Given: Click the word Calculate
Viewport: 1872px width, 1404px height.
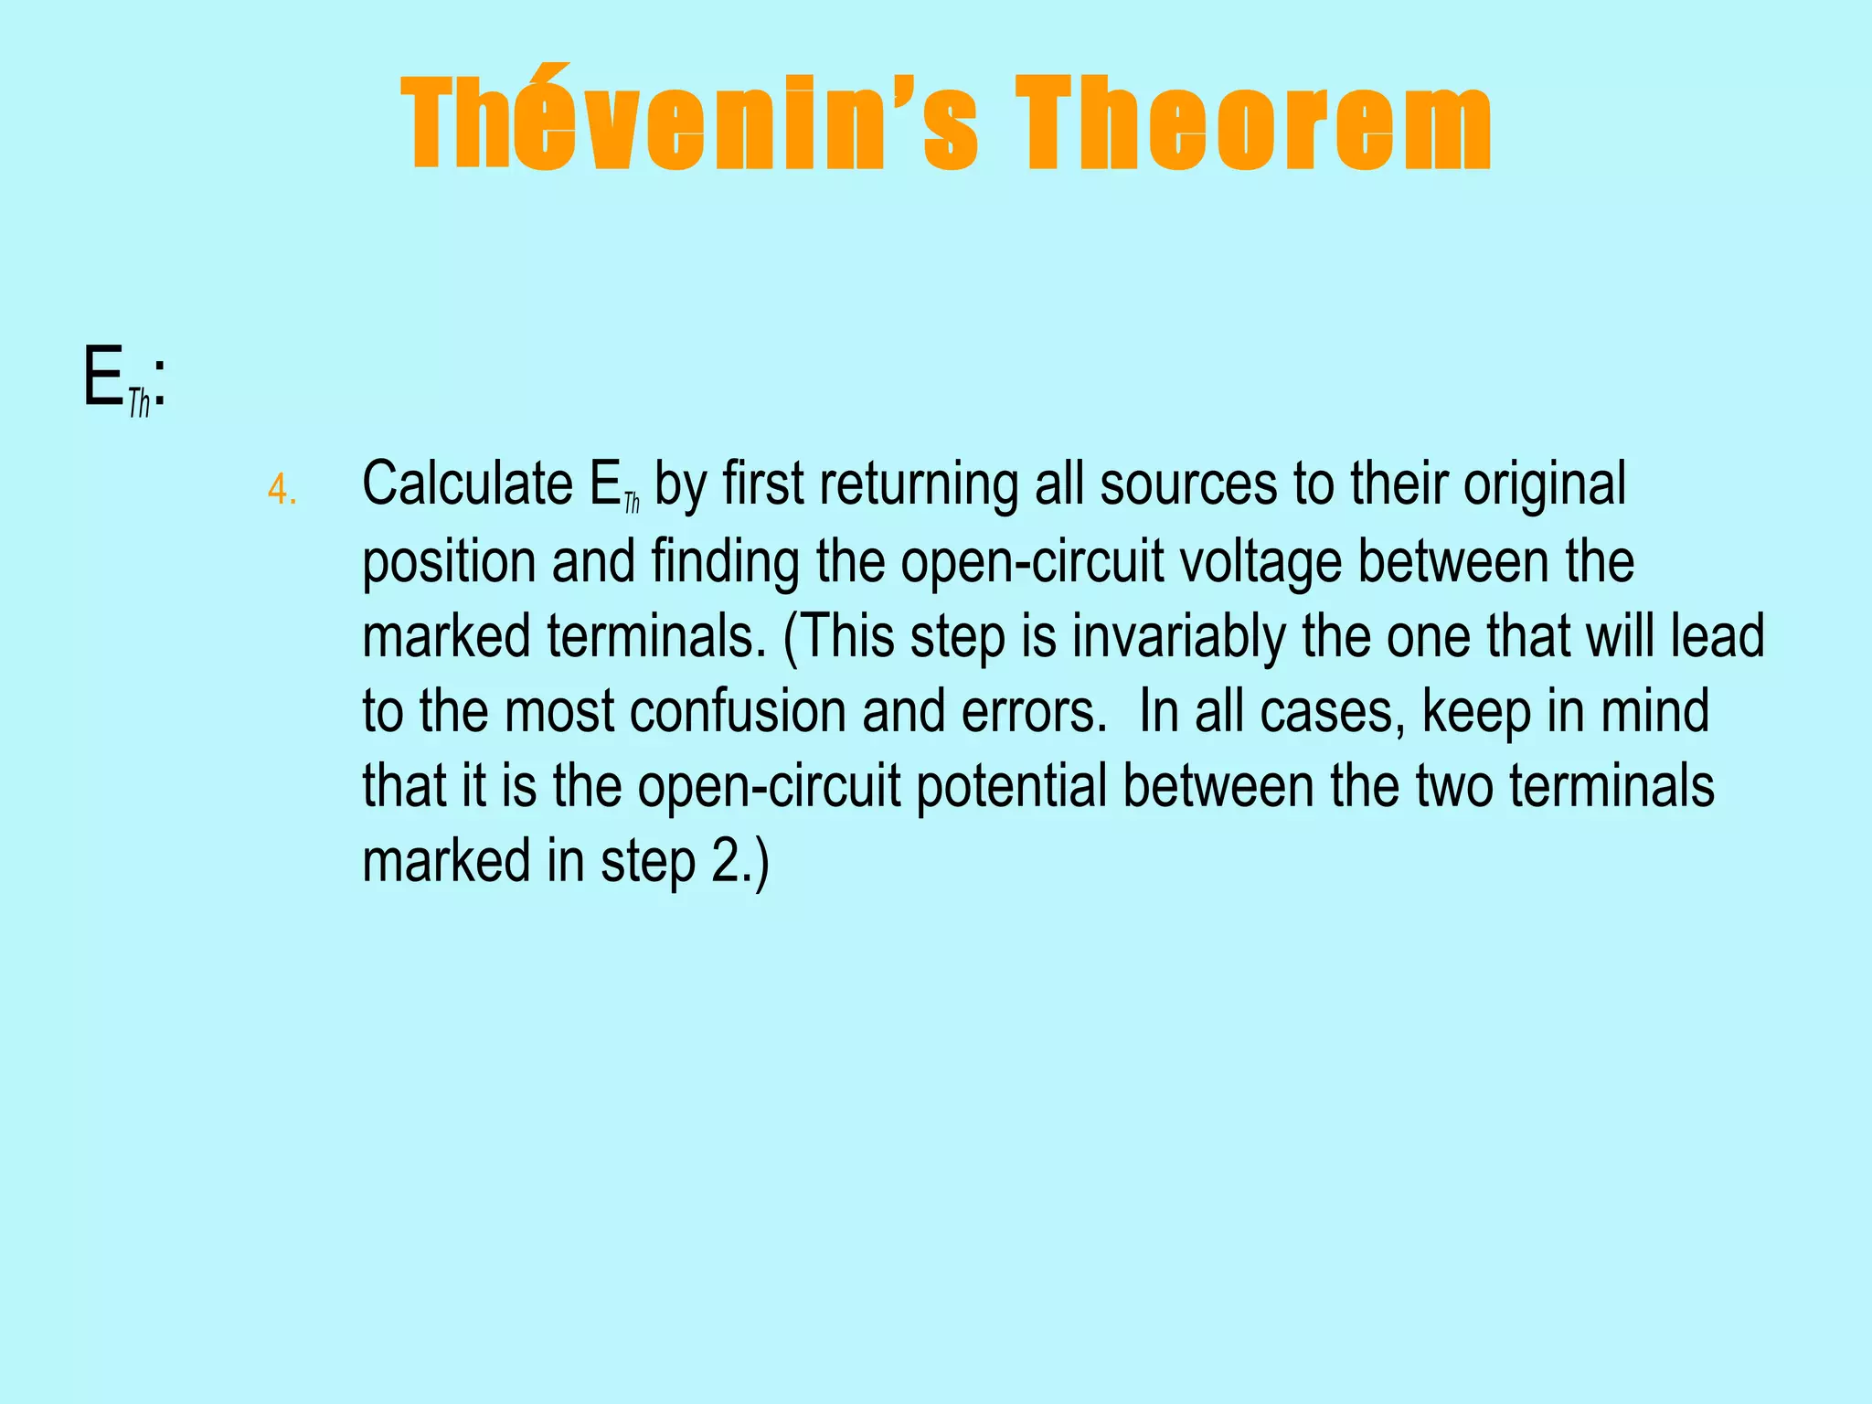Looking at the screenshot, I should coord(467,484).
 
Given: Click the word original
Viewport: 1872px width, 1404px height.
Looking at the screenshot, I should coord(1544,485).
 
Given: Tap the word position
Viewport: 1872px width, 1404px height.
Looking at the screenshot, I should coord(449,562).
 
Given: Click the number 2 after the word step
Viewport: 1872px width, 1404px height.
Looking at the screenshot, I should coord(724,862).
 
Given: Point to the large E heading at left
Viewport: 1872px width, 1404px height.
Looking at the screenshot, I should coord(102,377).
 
